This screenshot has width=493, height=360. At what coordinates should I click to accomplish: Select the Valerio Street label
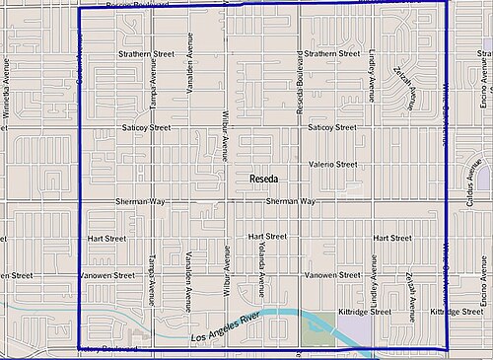tap(332, 165)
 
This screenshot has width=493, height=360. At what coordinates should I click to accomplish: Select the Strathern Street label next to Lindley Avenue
tap(331, 53)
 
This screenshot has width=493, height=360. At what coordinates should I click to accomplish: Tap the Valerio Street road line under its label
tap(332, 174)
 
